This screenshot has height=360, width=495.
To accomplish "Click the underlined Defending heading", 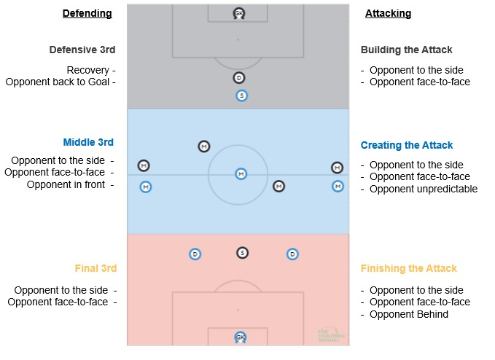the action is (87, 13).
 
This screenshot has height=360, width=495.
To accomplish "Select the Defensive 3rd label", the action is (82, 50).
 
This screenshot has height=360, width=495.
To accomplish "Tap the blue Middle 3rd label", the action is (88, 142).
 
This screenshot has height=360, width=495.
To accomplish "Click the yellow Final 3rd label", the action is (96, 268).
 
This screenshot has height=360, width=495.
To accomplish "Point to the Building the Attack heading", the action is (406, 50).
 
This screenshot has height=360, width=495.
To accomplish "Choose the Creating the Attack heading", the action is (407, 145).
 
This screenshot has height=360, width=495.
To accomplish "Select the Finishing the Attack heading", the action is (408, 268).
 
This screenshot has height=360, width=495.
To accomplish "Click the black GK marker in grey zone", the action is (239, 13).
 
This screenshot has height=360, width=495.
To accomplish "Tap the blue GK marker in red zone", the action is (241, 337).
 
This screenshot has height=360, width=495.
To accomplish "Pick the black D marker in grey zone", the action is (239, 77).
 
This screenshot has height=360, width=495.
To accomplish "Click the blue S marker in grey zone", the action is (241, 95).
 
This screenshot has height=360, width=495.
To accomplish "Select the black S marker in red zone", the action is (242, 253).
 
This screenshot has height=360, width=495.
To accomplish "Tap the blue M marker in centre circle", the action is (241, 173).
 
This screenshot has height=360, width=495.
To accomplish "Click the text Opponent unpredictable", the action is (423, 189).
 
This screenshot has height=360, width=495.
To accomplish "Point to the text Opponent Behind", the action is (408, 314).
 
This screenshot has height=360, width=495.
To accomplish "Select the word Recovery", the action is (87, 70).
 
